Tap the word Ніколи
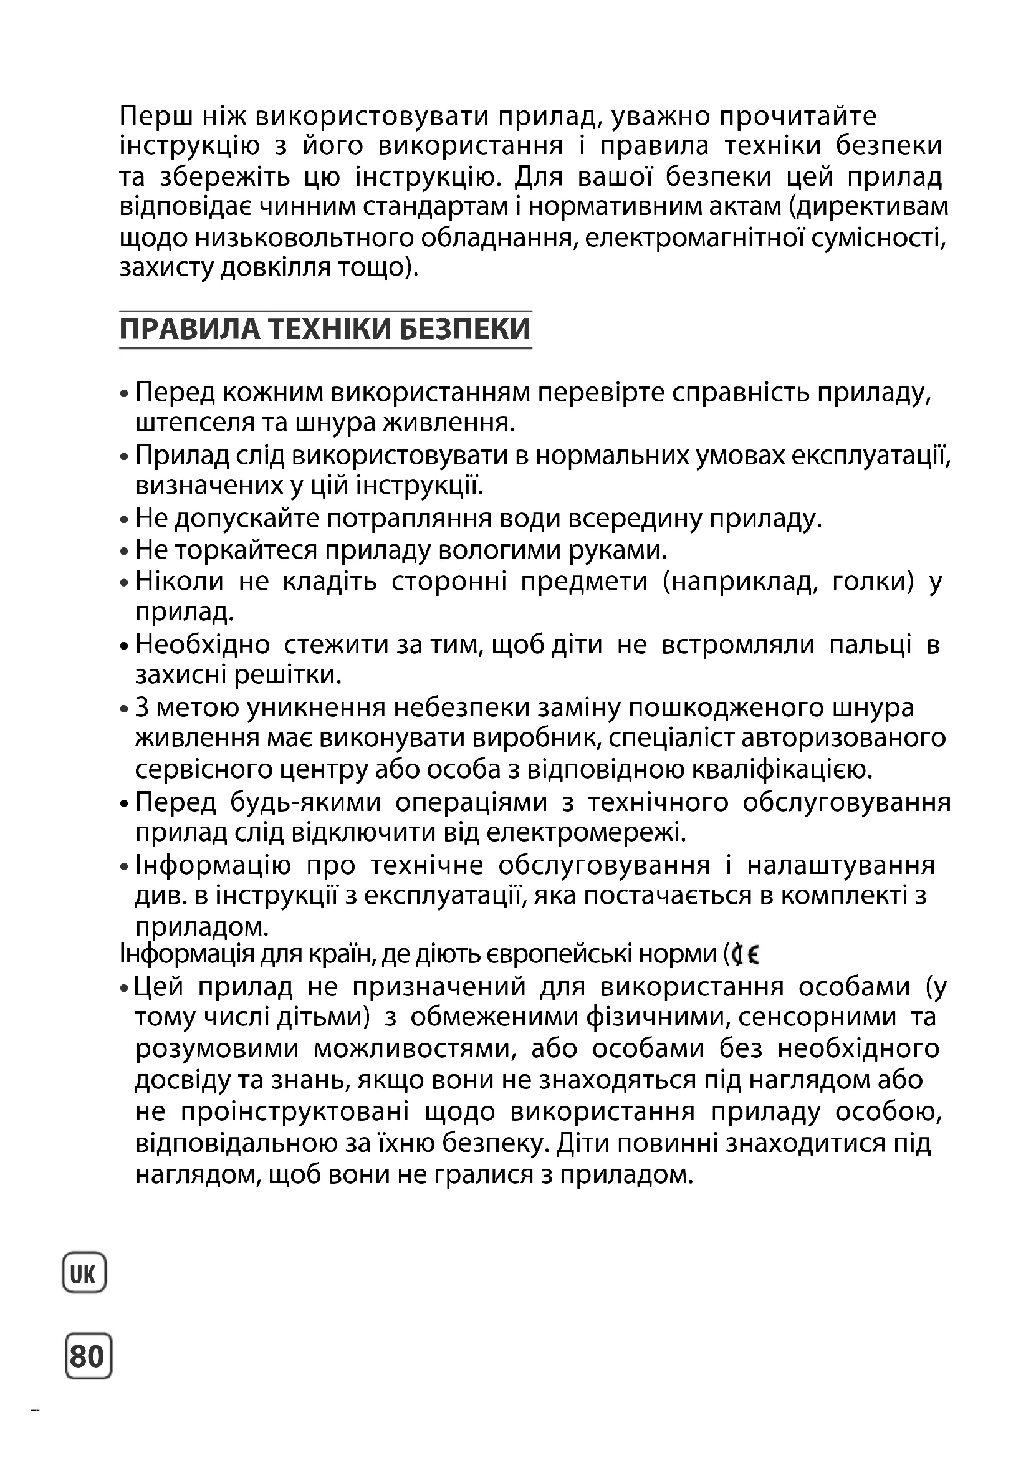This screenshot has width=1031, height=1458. (180, 582)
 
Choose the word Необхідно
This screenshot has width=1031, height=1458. (203, 645)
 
